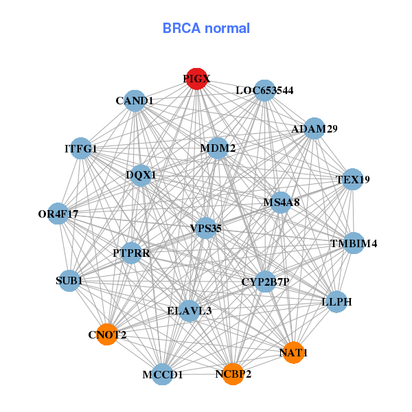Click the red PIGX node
(197, 79)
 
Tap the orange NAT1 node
(293, 352)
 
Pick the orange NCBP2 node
(233, 374)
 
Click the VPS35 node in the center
(206, 228)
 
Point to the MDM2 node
(218, 148)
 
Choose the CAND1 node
(135, 101)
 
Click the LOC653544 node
(264, 90)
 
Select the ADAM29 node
(314, 128)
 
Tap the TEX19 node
(352, 179)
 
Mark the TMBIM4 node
(353, 243)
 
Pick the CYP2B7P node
(266, 282)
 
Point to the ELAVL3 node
(189, 310)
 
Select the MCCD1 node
(163, 374)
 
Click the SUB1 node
(69, 280)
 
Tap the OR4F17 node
(58, 214)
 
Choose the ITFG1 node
(81, 148)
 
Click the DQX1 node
(141, 174)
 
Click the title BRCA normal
(206, 28)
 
